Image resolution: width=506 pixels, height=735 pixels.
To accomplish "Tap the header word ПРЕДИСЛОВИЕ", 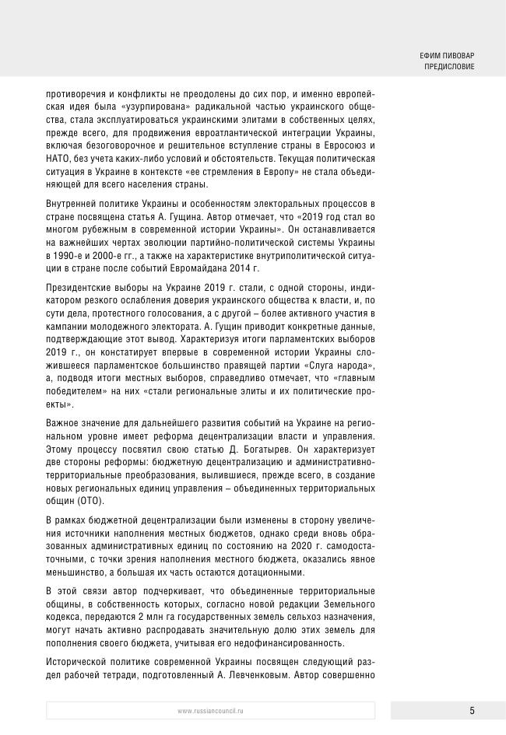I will tap(449, 67).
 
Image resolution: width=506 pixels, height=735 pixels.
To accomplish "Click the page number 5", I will tap(472, 710).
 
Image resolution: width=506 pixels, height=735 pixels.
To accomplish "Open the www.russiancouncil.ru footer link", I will tap(210, 711).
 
